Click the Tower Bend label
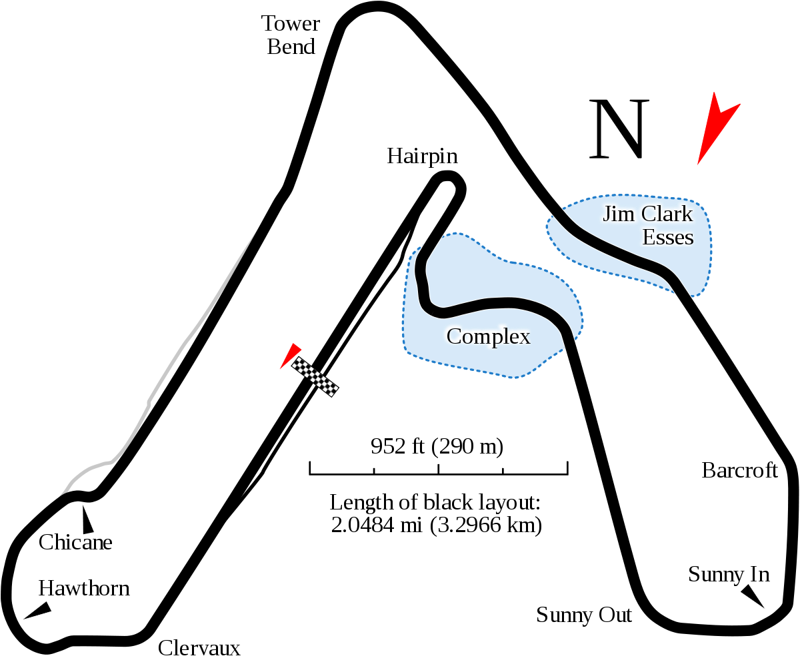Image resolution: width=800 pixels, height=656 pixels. click(291, 35)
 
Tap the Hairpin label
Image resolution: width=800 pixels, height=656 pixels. click(422, 156)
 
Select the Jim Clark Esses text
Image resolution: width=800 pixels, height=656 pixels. click(648, 226)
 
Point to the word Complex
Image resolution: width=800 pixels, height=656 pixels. click(488, 336)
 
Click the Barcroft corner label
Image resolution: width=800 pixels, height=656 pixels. click(740, 470)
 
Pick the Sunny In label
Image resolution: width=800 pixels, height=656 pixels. click(729, 574)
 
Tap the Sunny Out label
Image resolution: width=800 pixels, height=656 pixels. click(584, 614)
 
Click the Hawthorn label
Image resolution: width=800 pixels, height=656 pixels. click(84, 588)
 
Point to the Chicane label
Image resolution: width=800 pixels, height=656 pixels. click(75, 542)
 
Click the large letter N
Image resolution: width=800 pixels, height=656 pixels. click(619, 129)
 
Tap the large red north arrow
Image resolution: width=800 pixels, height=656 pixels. click(715, 127)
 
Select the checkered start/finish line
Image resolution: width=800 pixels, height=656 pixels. click(315, 377)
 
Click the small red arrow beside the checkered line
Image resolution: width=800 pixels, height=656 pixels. click(291, 356)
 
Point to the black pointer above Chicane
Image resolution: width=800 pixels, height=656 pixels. click(87, 519)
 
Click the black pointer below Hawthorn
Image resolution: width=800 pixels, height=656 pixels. click(38, 610)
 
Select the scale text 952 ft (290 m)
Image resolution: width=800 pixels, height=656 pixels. click(437, 446)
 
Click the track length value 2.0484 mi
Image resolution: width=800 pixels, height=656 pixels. click(376, 525)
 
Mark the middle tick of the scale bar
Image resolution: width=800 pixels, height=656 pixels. click(439, 469)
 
